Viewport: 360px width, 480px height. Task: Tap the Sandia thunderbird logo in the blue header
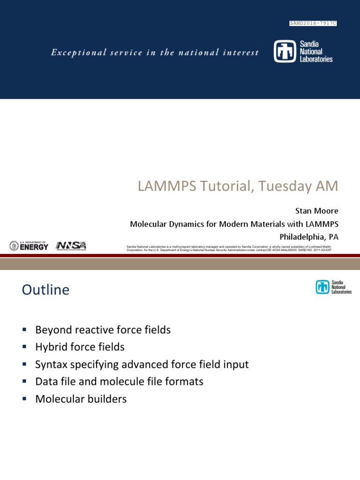pyautogui.click(x=285, y=52)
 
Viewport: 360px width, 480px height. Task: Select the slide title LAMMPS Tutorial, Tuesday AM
pyautogui.click(x=238, y=186)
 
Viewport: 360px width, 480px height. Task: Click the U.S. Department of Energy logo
pyautogui.click(x=29, y=246)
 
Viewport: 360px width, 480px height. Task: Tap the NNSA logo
pyautogui.click(x=71, y=246)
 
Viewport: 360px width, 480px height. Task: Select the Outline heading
pyautogui.click(x=45, y=290)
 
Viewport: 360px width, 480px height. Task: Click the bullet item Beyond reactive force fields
pyautogui.click(x=103, y=330)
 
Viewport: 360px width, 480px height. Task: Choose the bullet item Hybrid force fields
pyautogui.click(x=80, y=347)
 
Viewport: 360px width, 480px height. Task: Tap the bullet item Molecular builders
pyautogui.click(x=81, y=399)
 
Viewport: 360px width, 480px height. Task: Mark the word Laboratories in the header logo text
pyautogui.click(x=316, y=59)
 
